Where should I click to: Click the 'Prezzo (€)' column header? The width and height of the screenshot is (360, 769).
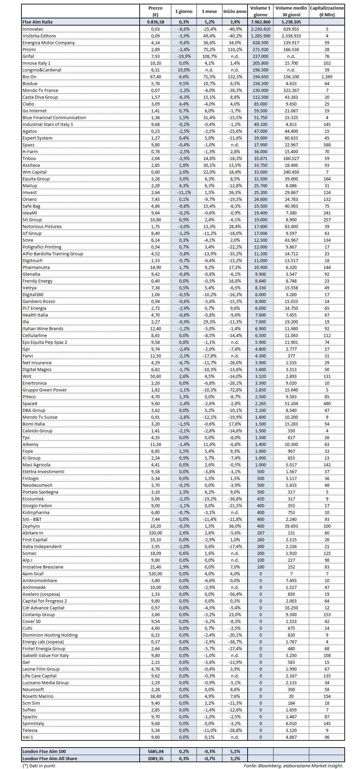155,11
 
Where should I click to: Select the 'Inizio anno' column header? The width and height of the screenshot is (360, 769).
235,11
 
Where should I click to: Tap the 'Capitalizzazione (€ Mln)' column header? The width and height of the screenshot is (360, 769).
327,11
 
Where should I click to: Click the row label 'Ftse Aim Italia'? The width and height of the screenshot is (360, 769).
37,22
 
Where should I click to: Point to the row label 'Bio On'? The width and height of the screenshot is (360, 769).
29,77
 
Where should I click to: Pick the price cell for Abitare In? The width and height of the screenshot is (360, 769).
155,533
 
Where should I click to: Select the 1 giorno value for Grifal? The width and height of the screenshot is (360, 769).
184,56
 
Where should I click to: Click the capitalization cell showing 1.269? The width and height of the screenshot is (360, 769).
327,77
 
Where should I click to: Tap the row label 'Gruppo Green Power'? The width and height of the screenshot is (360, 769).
45,390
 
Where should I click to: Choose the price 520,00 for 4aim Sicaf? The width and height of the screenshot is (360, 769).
155,574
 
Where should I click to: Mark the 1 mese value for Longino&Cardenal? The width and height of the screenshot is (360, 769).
209,70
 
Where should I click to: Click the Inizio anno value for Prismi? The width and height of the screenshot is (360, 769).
235,49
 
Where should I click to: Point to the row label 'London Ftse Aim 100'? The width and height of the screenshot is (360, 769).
44,751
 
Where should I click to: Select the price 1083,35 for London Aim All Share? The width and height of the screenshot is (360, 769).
155,758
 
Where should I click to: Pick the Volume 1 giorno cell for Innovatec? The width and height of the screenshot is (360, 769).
260,29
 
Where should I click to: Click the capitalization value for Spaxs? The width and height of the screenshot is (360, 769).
327,145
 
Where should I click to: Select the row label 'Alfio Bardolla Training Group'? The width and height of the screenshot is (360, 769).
53,254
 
